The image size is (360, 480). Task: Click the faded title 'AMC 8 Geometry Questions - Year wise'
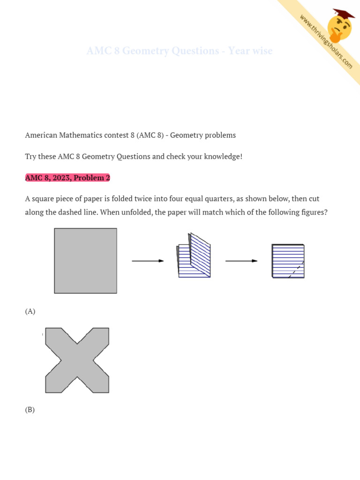click(x=180, y=51)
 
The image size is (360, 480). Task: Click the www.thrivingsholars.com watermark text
click(x=326, y=41)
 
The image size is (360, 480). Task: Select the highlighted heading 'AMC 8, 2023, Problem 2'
click(x=67, y=178)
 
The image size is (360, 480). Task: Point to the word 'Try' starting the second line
click(x=31, y=156)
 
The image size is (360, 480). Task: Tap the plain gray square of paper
click(x=85, y=261)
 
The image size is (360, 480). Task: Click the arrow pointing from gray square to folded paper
click(x=148, y=261)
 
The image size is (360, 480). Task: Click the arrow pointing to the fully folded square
click(x=241, y=261)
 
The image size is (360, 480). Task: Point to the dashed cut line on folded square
click(x=296, y=270)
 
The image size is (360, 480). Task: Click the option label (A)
click(x=30, y=311)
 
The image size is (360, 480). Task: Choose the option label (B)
click(x=30, y=410)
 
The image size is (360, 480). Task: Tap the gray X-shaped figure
click(x=77, y=360)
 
